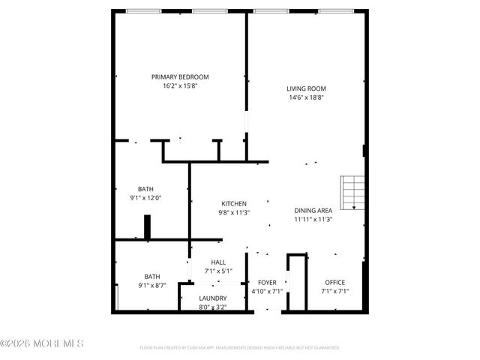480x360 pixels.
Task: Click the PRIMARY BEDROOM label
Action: (x=180, y=77)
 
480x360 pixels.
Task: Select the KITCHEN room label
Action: (x=233, y=204)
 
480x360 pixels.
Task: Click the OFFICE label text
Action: (x=334, y=282)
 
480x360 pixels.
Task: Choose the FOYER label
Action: (x=267, y=282)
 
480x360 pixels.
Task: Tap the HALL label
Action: (x=217, y=262)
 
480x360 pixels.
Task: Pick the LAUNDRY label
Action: (x=212, y=298)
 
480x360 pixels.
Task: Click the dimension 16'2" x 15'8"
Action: (x=180, y=86)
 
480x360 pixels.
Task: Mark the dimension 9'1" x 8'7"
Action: (x=152, y=285)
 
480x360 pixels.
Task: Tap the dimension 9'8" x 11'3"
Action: (x=233, y=213)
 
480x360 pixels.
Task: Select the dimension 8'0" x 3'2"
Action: (x=212, y=307)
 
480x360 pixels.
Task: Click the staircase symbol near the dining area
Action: (x=352, y=193)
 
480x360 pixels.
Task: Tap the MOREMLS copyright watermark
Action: (x=42, y=343)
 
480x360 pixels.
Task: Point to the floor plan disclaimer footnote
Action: (x=240, y=348)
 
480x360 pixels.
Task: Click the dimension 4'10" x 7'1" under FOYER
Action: (x=267, y=291)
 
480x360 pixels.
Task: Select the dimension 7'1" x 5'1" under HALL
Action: (x=217, y=271)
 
